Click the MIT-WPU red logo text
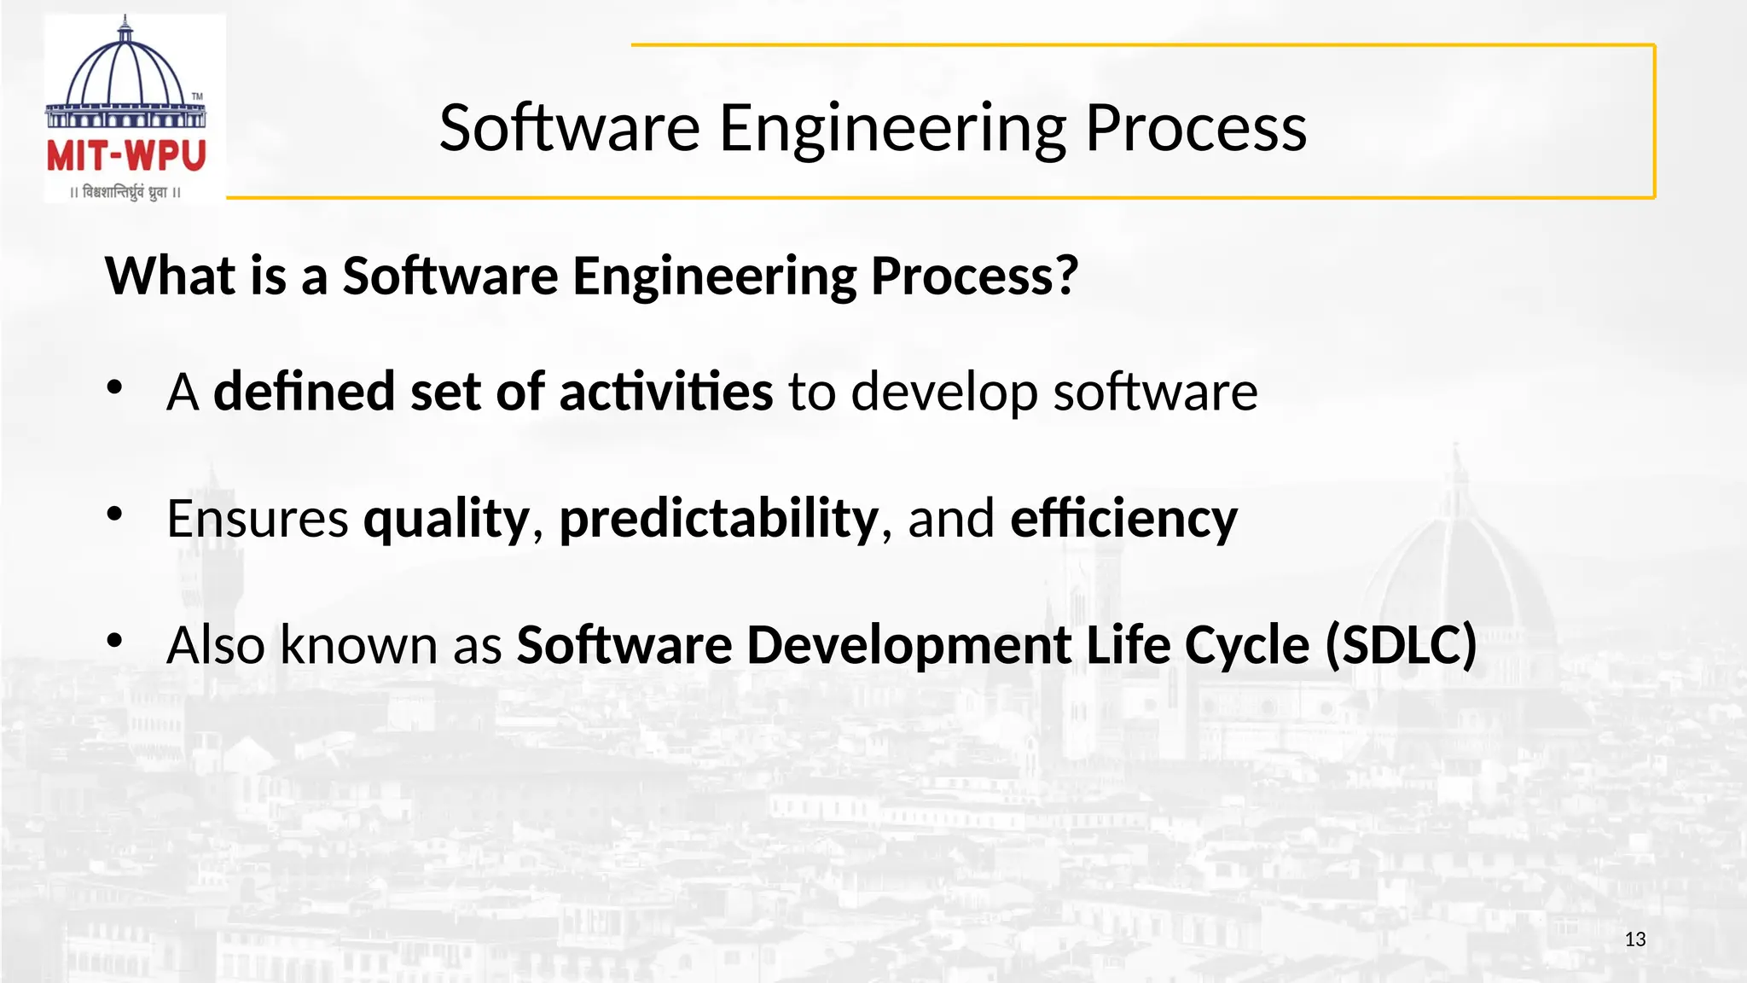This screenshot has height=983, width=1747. [126, 156]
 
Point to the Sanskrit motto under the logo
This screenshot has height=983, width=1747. [125, 193]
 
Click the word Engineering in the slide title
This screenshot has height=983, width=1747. [892, 129]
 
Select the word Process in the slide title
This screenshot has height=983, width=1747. [1195, 129]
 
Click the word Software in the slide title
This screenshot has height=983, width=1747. [569, 129]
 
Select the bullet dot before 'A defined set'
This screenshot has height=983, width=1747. [115, 388]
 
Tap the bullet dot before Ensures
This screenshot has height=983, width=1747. [115, 515]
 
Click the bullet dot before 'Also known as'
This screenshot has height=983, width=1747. [115, 641]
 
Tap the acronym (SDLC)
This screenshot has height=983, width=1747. [1400, 644]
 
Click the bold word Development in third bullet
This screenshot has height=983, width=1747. [908, 646]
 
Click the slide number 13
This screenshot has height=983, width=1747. [1634, 939]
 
